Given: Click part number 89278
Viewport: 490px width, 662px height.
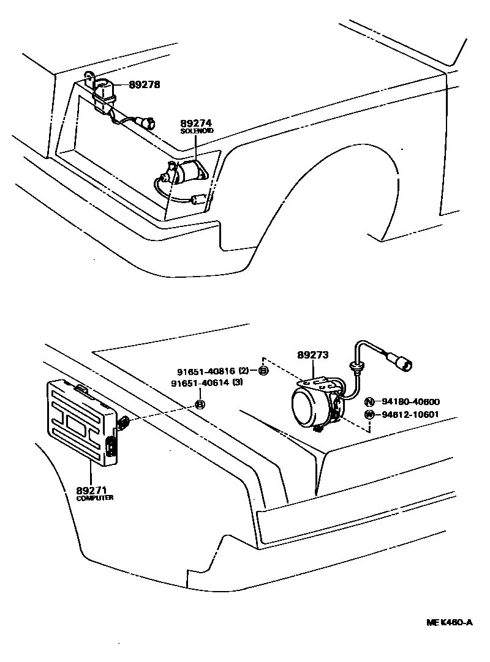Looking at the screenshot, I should pyautogui.click(x=145, y=85).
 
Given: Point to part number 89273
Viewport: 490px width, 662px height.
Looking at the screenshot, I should pyautogui.click(x=313, y=355).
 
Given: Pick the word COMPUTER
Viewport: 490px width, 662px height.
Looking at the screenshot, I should pyautogui.click(x=95, y=498).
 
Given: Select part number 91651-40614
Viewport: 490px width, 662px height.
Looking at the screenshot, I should pyautogui.click(x=206, y=383).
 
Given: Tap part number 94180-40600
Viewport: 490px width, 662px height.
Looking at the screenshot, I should pyautogui.click(x=410, y=402).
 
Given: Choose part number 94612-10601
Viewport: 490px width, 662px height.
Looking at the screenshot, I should pyautogui.click(x=410, y=414).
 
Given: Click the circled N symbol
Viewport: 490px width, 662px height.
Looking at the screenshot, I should pyautogui.click(x=369, y=402).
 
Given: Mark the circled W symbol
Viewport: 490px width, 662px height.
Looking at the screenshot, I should pyautogui.click(x=369, y=414).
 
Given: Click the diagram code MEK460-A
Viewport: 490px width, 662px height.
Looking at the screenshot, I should pyautogui.click(x=450, y=623).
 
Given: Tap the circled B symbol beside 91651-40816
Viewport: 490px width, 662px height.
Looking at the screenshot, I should pyautogui.click(x=263, y=371).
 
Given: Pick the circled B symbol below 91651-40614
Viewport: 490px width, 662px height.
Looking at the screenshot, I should pyautogui.click(x=200, y=404).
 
